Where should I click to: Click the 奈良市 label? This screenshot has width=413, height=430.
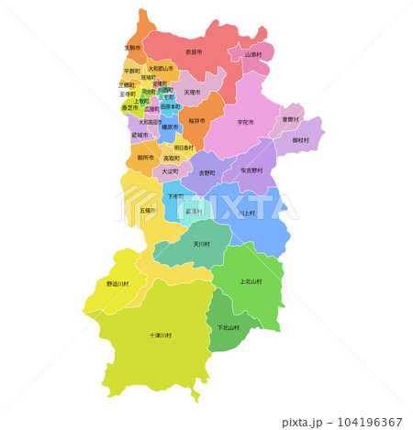[x=194, y=52]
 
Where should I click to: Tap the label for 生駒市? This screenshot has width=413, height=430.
[x=132, y=47]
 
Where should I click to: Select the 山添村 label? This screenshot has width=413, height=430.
[x=253, y=54]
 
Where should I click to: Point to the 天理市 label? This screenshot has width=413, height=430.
[x=192, y=93]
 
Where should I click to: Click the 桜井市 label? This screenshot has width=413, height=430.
[x=197, y=120]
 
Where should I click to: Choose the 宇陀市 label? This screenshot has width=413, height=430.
[x=245, y=122]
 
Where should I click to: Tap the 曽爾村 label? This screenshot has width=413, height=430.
[x=290, y=119]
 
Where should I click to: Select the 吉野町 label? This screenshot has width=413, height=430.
[x=207, y=171]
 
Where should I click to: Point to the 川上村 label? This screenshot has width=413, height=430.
[x=246, y=214]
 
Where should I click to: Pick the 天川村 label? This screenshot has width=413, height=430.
[x=202, y=244]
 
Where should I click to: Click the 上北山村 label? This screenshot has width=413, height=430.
[x=251, y=281]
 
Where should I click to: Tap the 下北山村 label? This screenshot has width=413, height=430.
[x=228, y=327]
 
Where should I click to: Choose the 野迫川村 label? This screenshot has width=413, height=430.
[x=119, y=284]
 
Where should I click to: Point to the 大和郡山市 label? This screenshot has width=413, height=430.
[x=161, y=69]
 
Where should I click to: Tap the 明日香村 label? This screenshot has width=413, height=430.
[x=184, y=148]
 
